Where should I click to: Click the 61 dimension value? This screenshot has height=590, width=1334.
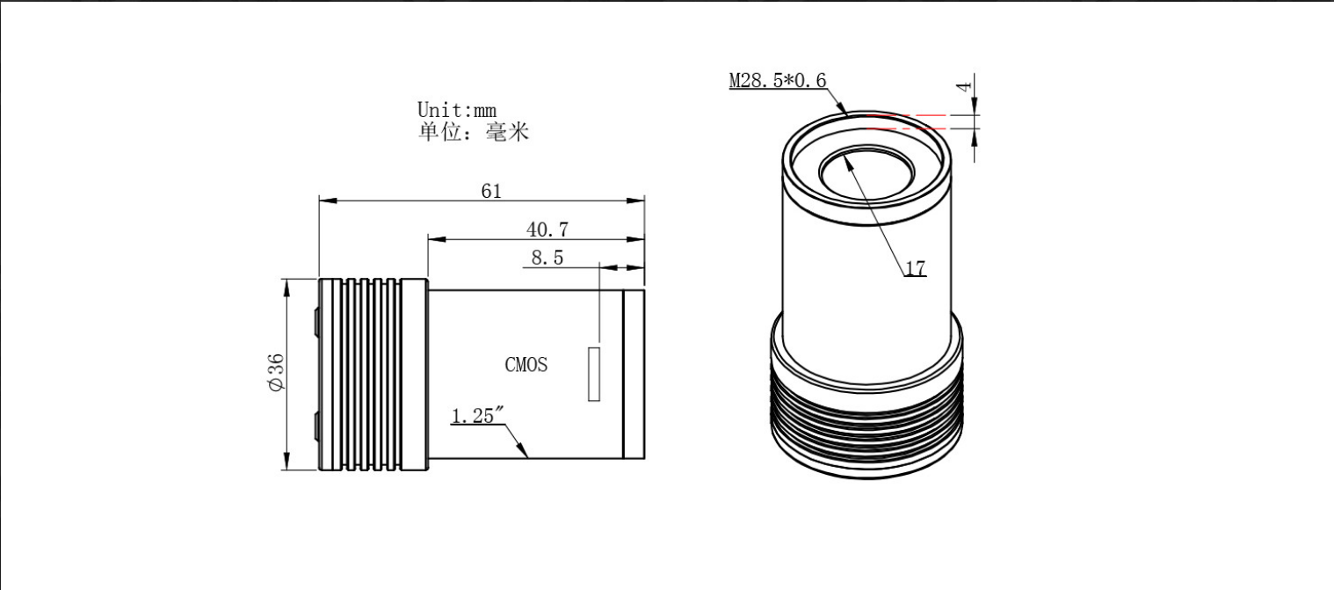(x=491, y=191)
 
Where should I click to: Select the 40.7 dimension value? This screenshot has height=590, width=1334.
(x=547, y=229)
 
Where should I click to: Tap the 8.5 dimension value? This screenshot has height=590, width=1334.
(x=547, y=258)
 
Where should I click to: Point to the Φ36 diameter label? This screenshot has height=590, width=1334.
(x=276, y=373)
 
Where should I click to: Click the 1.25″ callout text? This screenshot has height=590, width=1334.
(x=477, y=415)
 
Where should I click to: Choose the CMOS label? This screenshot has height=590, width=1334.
(x=526, y=364)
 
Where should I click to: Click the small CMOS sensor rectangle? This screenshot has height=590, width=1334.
(x=594, y=374)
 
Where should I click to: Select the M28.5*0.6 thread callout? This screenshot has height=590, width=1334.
(x=778, y=80)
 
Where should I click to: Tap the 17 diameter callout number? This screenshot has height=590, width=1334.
(x=916, y=269)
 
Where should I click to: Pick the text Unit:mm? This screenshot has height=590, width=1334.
(x=457, y=110)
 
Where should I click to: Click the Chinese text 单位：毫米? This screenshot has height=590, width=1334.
(x=474, y=132)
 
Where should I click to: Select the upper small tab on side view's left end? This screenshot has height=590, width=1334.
(x=316, y=323)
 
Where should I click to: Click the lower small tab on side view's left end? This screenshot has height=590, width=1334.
(x=316, y=426)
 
